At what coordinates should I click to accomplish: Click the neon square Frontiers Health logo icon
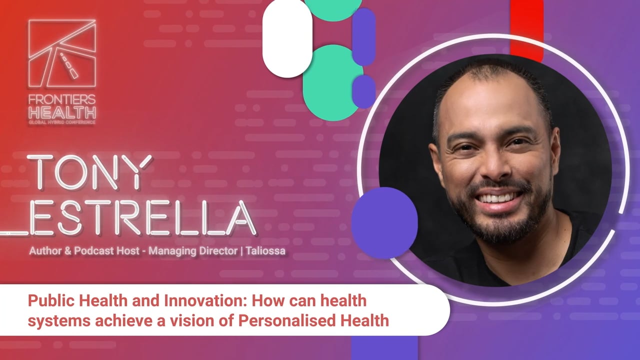(62, 53)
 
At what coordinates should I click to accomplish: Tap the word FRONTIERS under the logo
(62, 99)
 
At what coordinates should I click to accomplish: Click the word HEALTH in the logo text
(62, 112)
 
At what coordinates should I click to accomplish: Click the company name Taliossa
(265, 251)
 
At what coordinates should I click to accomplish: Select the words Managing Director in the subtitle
(193, 251)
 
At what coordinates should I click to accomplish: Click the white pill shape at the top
(287, 38)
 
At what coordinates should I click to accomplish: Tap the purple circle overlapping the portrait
(384, 223)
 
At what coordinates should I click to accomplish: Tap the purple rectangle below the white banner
(384, 348)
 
